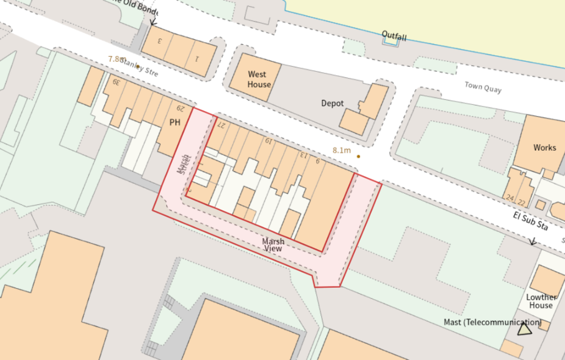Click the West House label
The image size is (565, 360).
point(257,80)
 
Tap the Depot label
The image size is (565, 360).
point(333,103)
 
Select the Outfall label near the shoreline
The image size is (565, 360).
point(394,37)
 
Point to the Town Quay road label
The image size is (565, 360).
point(483,87)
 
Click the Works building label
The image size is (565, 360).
point(545,147)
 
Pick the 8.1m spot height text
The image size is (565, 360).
point(342,150)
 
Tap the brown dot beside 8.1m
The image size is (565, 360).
point(359,156)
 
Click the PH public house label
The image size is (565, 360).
point(175,122)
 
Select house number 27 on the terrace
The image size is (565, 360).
point(221,125)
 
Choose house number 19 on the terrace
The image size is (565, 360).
point(268,141)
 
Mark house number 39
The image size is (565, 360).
point(116,82)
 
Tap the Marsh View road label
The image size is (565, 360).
point(273,245)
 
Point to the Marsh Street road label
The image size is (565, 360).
point(183,164)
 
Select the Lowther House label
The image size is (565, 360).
point(541,301)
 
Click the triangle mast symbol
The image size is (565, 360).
point(524,330)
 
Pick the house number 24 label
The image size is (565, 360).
point(509,198)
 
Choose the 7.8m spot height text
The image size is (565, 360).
point(117,59)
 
